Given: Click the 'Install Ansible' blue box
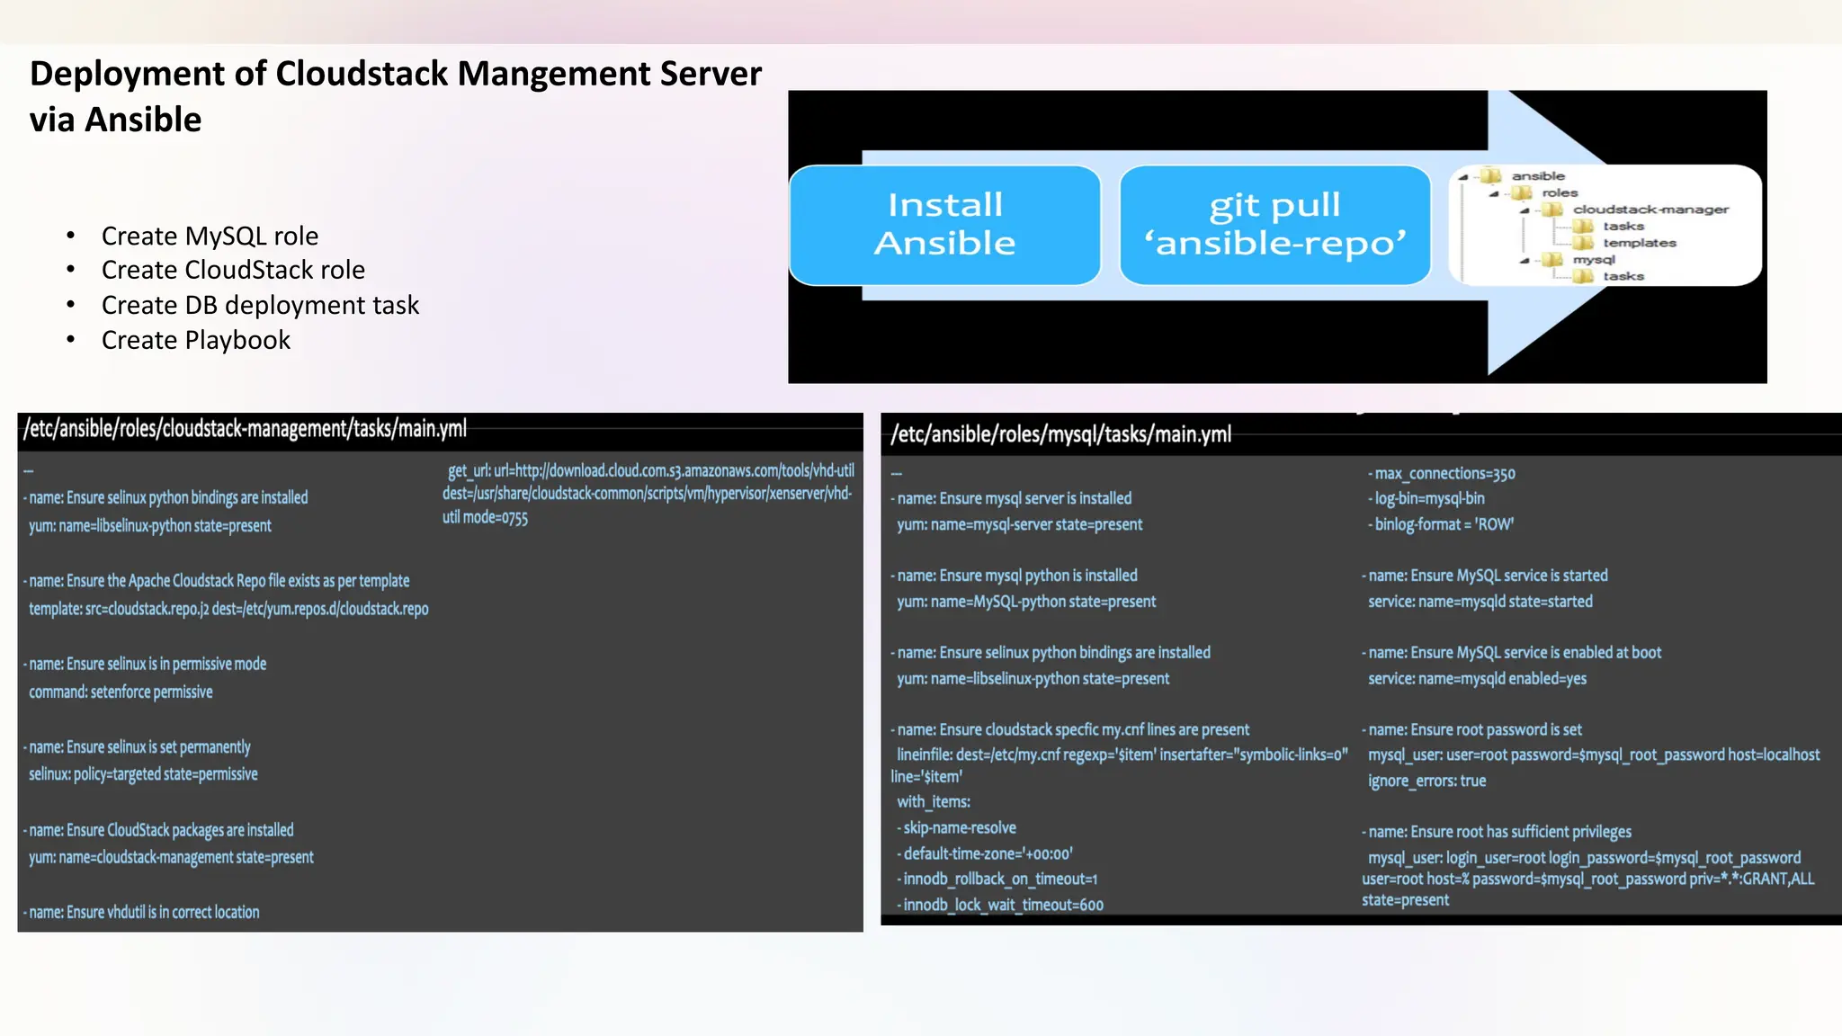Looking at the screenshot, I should pyautogui.click(x=944, y=225).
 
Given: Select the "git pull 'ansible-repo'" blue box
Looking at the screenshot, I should pyautogui.click(x=1274, y=225).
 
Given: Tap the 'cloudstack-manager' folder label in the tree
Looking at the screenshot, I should pyautogui.click(x=1650, y=210).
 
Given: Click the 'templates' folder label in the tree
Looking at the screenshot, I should pyautogui.click(x=1639, y=243).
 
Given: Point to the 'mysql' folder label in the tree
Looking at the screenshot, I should pyautogui.click(x=1594, y=260).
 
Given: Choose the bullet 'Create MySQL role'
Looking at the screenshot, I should pyautogui.click(x=210, y=236).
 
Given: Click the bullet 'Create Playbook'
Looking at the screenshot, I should pyautogui.click(x=195, y=340).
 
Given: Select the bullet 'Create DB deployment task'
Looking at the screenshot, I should pyautogui.click(x=260, y=305).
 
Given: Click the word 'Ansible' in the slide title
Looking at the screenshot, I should pyautogui.click(x=143, y=120).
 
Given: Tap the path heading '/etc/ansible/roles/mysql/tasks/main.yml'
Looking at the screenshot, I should pyautogui.click(x=1060, y=434).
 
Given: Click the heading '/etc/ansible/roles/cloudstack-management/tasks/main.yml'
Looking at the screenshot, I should pyautogui.click(x=245, y=429).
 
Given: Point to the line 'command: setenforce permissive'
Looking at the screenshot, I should pyautogui.click(x=121, y=692).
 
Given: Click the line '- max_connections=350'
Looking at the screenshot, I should pyautogui.click(x=1442, y=473).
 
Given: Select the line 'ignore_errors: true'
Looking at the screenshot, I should pyautogui.click(x=1426, y=781).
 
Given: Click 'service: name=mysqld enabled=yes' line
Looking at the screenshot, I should pyautogui.click(x=1477, y=678).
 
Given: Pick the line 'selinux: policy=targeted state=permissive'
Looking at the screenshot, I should pyautogui.click(x=143, y=773).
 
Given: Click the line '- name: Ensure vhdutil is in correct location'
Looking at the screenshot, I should pyautogui.click(x=142, y=912).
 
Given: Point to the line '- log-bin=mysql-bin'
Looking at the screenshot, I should pyautogui.click(x=1426, y=498).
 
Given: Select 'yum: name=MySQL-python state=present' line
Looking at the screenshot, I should pyautogui.click(x=1025, y=601).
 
